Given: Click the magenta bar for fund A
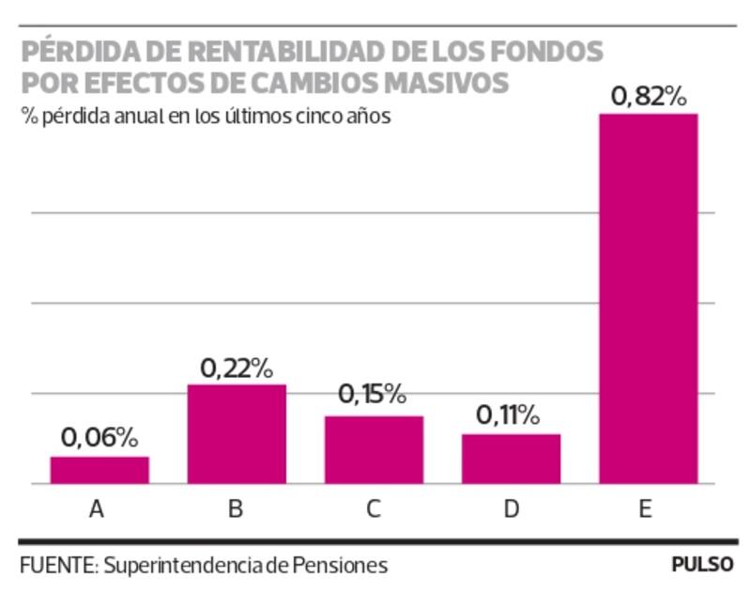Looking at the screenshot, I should point(100,470).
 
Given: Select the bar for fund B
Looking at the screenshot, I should point(237,434).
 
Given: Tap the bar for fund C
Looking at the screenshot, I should point(374,449).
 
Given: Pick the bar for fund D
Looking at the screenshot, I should point(511,459).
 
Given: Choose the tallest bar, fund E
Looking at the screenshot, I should point(649,299).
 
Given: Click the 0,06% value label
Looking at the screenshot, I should point(100,438).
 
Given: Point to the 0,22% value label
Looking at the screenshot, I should point(237,367).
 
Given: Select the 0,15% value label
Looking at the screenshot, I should point(373,395).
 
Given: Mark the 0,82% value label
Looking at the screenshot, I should point(649,96).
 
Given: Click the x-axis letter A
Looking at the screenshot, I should point(96,510).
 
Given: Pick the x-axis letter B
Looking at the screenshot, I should point(235,510).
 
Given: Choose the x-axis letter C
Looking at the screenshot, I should point(374,510).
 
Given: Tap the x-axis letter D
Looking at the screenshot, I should point(512,510).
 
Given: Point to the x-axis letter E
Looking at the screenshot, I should point(646,510).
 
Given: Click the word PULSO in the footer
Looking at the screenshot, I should point(701,566).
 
